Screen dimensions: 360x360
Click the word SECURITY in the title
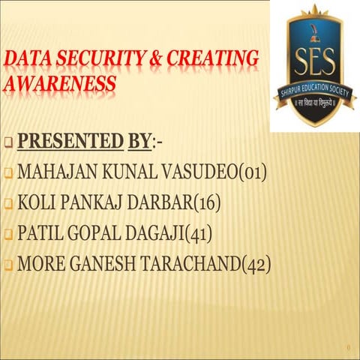coord(103,58)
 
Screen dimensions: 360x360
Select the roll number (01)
coord(252,172)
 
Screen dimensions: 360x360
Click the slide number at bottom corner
coord(349,347)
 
